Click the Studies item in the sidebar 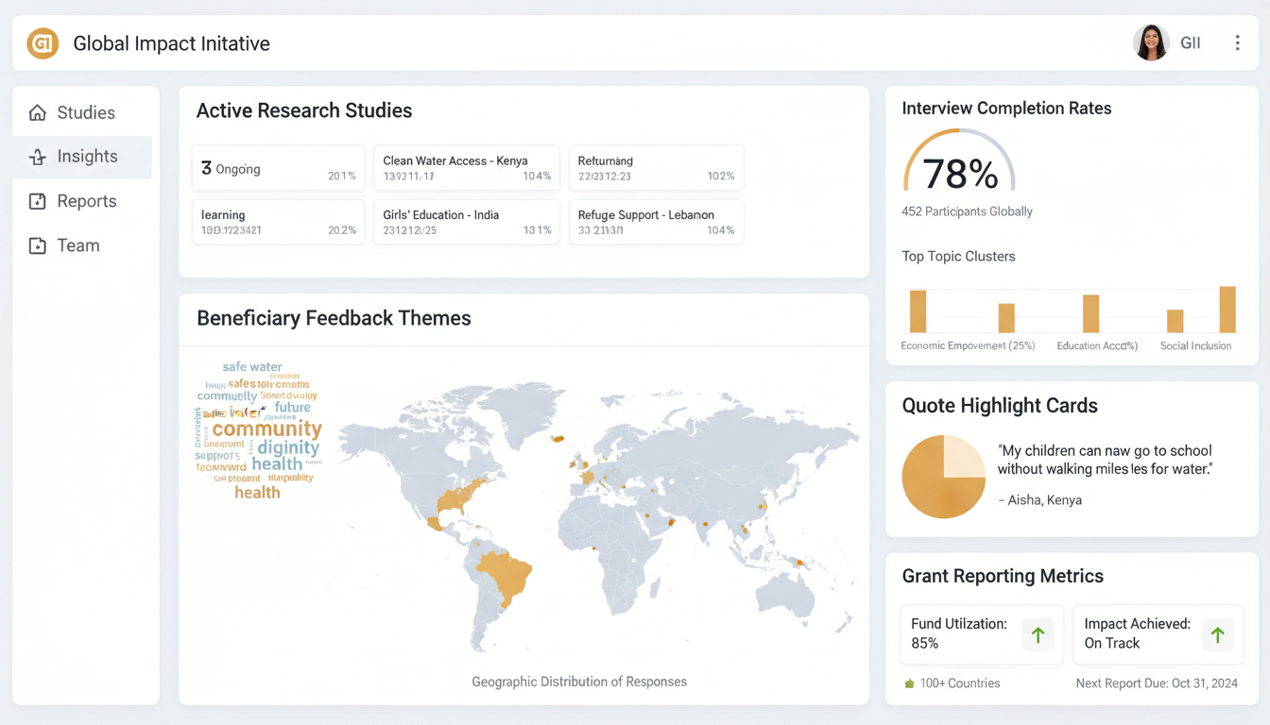pos(85,113)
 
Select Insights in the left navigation pos(86,157)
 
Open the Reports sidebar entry pos(86,201)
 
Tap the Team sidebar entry pos(77,245)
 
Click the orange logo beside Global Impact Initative pos(43,43)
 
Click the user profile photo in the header pos(1150,42)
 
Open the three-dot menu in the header pos(1237,43)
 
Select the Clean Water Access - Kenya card pos(467,168)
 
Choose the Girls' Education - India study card pos(467,222)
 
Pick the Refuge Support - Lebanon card pos(656,222)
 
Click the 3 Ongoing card pos(278,168)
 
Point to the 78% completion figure pos(959,175)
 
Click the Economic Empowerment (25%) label pos(968,346)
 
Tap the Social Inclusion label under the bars pos(1195,346)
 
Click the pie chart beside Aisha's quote pos(944,477)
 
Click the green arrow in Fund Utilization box pos(1038,635)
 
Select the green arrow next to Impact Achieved pos(1217,635)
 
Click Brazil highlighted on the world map pos(504,575)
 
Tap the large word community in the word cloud pos(267,430)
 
